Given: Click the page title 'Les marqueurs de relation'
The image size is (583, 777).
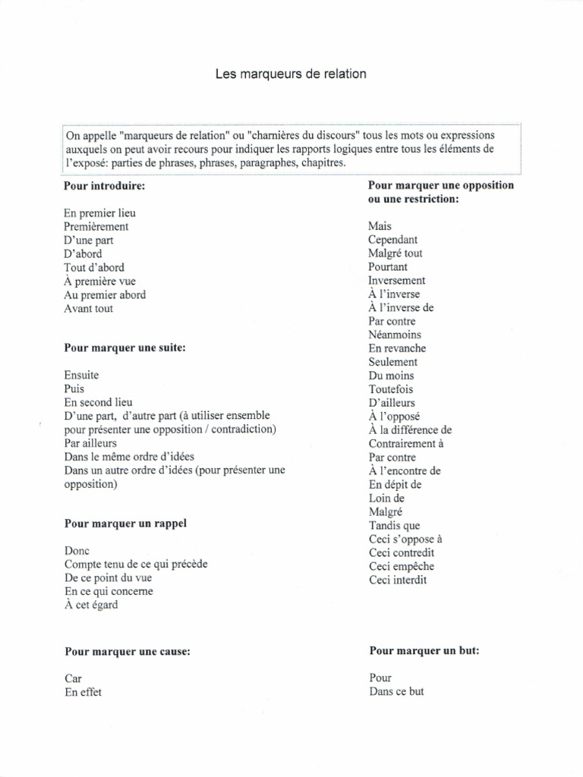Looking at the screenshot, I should [x=291, y=74].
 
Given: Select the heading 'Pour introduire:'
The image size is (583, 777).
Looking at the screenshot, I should [x=105, y=185].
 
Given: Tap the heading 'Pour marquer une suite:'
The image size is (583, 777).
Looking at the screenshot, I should [x=124, y=348].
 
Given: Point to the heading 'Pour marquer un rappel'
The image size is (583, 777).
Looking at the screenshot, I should [x=124, y=524].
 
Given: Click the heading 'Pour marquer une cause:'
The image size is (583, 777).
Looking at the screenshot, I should [x=127, y=651].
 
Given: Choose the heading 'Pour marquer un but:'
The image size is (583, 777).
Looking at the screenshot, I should [x=424, y=650].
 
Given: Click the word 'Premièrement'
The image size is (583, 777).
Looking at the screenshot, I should [x=96, y=227].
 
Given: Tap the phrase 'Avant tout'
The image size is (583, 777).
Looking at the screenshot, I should [x=89, y=309].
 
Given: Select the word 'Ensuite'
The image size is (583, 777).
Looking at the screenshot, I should [x=82, y=375].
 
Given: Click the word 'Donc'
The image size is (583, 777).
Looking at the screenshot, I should [x=77, y=551].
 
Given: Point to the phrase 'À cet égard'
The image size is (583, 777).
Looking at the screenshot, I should [x=91, y=605].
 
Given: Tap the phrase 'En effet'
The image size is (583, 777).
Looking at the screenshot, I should [x=84, y=692].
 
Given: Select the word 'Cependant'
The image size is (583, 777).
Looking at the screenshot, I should [x=393, y=240].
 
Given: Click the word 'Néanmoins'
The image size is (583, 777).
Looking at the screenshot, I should [x=395, y=335].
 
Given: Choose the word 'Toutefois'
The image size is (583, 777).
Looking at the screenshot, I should [x=392, y=389].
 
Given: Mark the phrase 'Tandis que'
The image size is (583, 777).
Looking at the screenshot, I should [x=394, y=526].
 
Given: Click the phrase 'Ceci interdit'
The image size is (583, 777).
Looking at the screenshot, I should [x=398, y=580].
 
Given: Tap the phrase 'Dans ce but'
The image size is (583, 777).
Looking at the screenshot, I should [x=396, y=691].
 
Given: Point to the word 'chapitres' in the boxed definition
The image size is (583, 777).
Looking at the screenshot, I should [x=323, y=163].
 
